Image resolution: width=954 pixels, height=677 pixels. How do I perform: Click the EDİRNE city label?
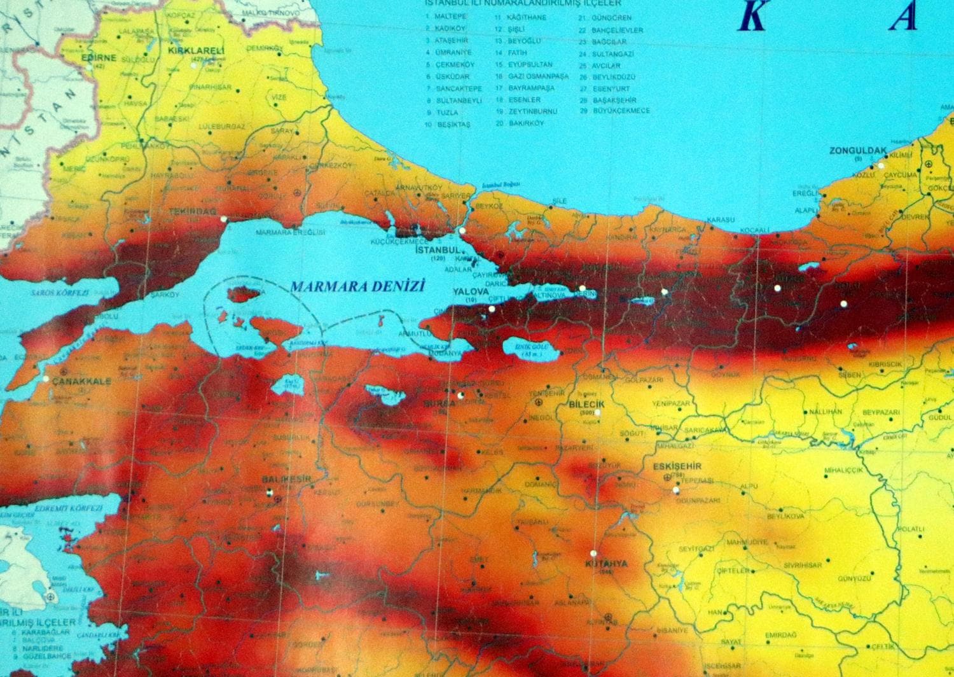pyautogui.click(x=99, y=57)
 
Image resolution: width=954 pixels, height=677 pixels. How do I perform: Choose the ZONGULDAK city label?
pyautogui.click(x=857, y=151)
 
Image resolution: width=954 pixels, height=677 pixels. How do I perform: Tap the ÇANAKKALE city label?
pyautogui.click(x=82, y=381)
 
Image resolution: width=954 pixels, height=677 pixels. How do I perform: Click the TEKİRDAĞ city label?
pyautogui.click(x=191, y=210)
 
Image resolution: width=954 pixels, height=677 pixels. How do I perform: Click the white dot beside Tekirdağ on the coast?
pyautogui.click(x=223, y=220)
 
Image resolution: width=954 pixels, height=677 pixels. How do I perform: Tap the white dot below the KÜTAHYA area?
pyautogui.click(x=593, y=553)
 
